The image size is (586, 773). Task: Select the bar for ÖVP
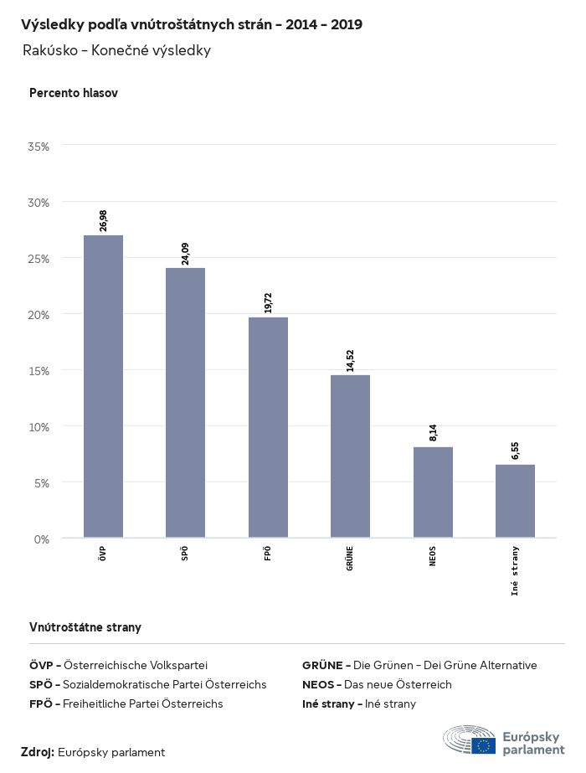point(103,386)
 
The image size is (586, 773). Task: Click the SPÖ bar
point(185,403)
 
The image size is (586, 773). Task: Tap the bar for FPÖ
point(268,427)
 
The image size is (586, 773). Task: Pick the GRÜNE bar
point(350,456)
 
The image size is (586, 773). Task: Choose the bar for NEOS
point(433,492)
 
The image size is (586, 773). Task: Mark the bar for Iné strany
point(515,501)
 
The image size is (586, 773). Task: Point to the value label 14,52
point(350,360)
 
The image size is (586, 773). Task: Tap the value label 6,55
point(515,451)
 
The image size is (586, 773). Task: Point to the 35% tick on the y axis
point(39,147)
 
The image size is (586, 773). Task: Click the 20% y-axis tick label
point(39,315)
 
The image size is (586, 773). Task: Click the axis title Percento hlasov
point(74,93)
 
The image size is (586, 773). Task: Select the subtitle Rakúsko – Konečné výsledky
point(116,50)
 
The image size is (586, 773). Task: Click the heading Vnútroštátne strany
point(85,626)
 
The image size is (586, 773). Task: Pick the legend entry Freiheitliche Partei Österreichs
point(126,703)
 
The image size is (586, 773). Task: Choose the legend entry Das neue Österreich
point(377,684)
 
